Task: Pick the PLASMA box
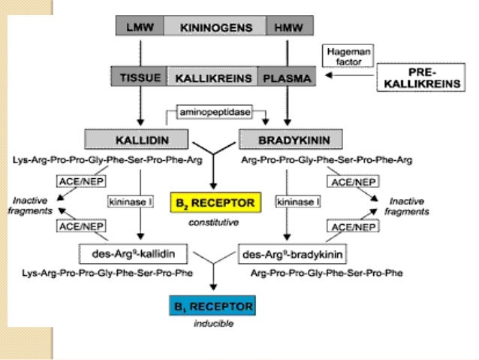pyautogui.click(x=283, y=77)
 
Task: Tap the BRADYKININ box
pyautogui.click(x=288, y=139)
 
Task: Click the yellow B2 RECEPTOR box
pyautogui.click(x=215, y=202)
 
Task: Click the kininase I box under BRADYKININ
pyautogui.click(x=297, y=202)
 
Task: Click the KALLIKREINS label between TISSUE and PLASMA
pyautogui.click(x=212, y=77)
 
